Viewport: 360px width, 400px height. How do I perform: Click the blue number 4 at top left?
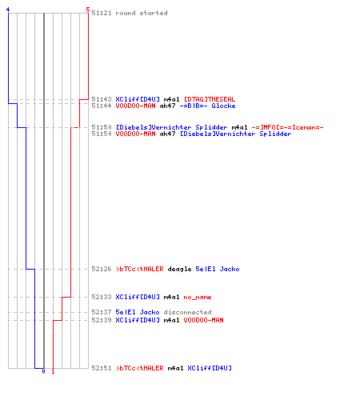[x=8, y=10]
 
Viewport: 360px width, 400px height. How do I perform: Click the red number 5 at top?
[x=88, y=10]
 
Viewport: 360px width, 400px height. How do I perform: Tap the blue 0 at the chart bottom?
[x=43, y=371]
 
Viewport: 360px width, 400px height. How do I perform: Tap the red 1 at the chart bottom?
[x=53, y=371]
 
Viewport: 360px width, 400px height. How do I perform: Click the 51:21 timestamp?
[x=102, y=13]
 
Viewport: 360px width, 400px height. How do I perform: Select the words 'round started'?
[x=142, y=13]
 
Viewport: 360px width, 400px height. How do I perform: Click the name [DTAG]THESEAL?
[x=210, y=99]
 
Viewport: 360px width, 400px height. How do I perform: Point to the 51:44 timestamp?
[x=102, y=106]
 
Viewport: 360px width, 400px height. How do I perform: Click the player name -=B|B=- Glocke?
[x=207, y=106]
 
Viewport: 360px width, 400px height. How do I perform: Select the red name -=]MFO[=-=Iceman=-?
[x=287, y=127]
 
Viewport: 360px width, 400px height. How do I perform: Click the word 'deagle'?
[x=179, y=269]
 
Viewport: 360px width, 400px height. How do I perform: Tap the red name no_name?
[x=198, y=297]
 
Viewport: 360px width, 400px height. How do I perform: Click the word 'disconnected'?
[x=187, y=312]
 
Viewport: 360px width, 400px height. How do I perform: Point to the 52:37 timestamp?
[x=102, y=312]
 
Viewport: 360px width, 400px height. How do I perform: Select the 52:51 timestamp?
[x=102, y=368]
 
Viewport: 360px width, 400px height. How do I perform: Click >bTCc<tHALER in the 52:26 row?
[x=140, y=269]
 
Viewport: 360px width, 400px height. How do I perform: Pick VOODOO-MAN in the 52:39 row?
[x=203, y=320]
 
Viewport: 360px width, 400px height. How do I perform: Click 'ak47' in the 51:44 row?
[x=167, y=106]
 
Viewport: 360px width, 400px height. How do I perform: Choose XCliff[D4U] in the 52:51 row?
[x=210, y=368]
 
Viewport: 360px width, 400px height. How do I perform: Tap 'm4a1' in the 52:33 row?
[x=171, y=297]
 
